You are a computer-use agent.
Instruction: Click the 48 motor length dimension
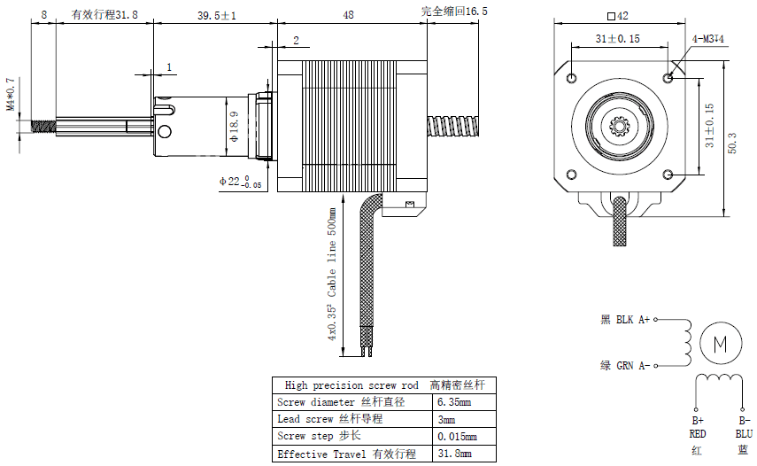click(348, 15)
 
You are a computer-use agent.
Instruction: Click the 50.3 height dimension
click(731, 141)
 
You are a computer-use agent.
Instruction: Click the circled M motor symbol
click(719, 342)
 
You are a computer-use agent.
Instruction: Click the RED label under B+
click(697, 434)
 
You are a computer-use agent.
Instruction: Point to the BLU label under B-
click(743, 434)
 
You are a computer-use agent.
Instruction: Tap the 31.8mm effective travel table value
click(454, 454)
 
